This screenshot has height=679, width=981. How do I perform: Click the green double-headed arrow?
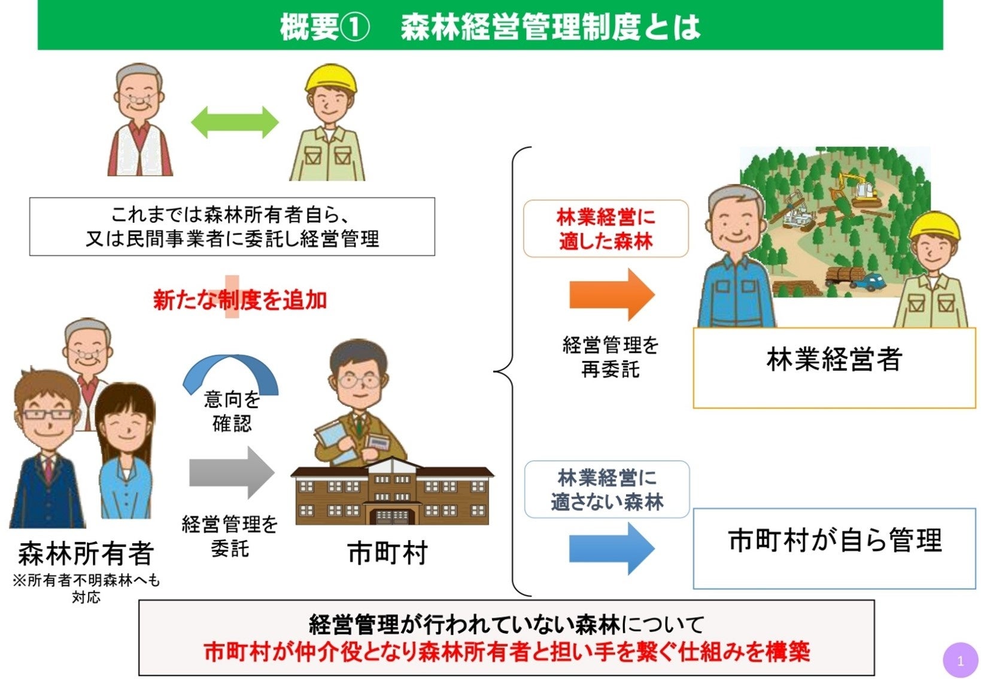(x=235, y=123)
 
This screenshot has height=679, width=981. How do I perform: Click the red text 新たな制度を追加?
(x=240, y=300)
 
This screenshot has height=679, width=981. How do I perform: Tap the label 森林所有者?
(x=86, y=553)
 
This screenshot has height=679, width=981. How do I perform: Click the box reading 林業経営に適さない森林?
(x=607, y=489)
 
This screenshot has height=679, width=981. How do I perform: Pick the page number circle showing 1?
(x=960, y=660)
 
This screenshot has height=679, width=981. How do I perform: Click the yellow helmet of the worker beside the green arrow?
(x=330, y=78)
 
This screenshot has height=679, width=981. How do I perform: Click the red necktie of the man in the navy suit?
(x=48, y=470)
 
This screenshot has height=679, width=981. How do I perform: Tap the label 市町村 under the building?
(x=388, y=553)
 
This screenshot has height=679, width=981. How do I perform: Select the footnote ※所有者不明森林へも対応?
(x=86, y=589)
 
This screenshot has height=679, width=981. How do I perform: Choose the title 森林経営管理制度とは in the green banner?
(x=550, y=27)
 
